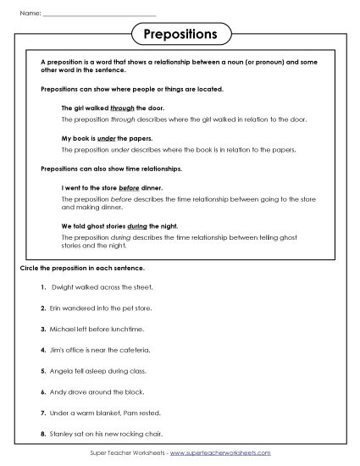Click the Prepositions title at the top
[180, 34]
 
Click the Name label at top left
[28, 14]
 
